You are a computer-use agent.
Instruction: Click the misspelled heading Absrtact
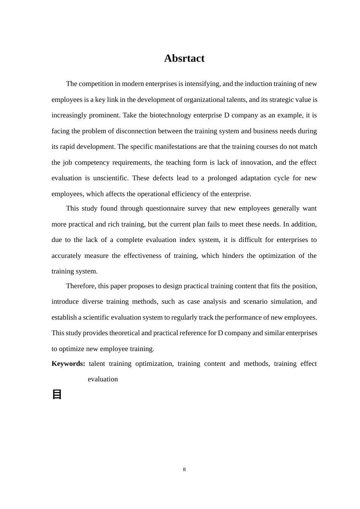point(184,58)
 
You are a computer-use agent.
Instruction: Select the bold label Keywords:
point(68,364)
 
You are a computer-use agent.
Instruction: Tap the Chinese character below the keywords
point(57,394)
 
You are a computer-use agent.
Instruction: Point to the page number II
point(185,470)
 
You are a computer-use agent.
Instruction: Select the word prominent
point(103,115)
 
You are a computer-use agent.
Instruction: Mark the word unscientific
point(111,178)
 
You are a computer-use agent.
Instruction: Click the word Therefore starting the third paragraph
point(80,286)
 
